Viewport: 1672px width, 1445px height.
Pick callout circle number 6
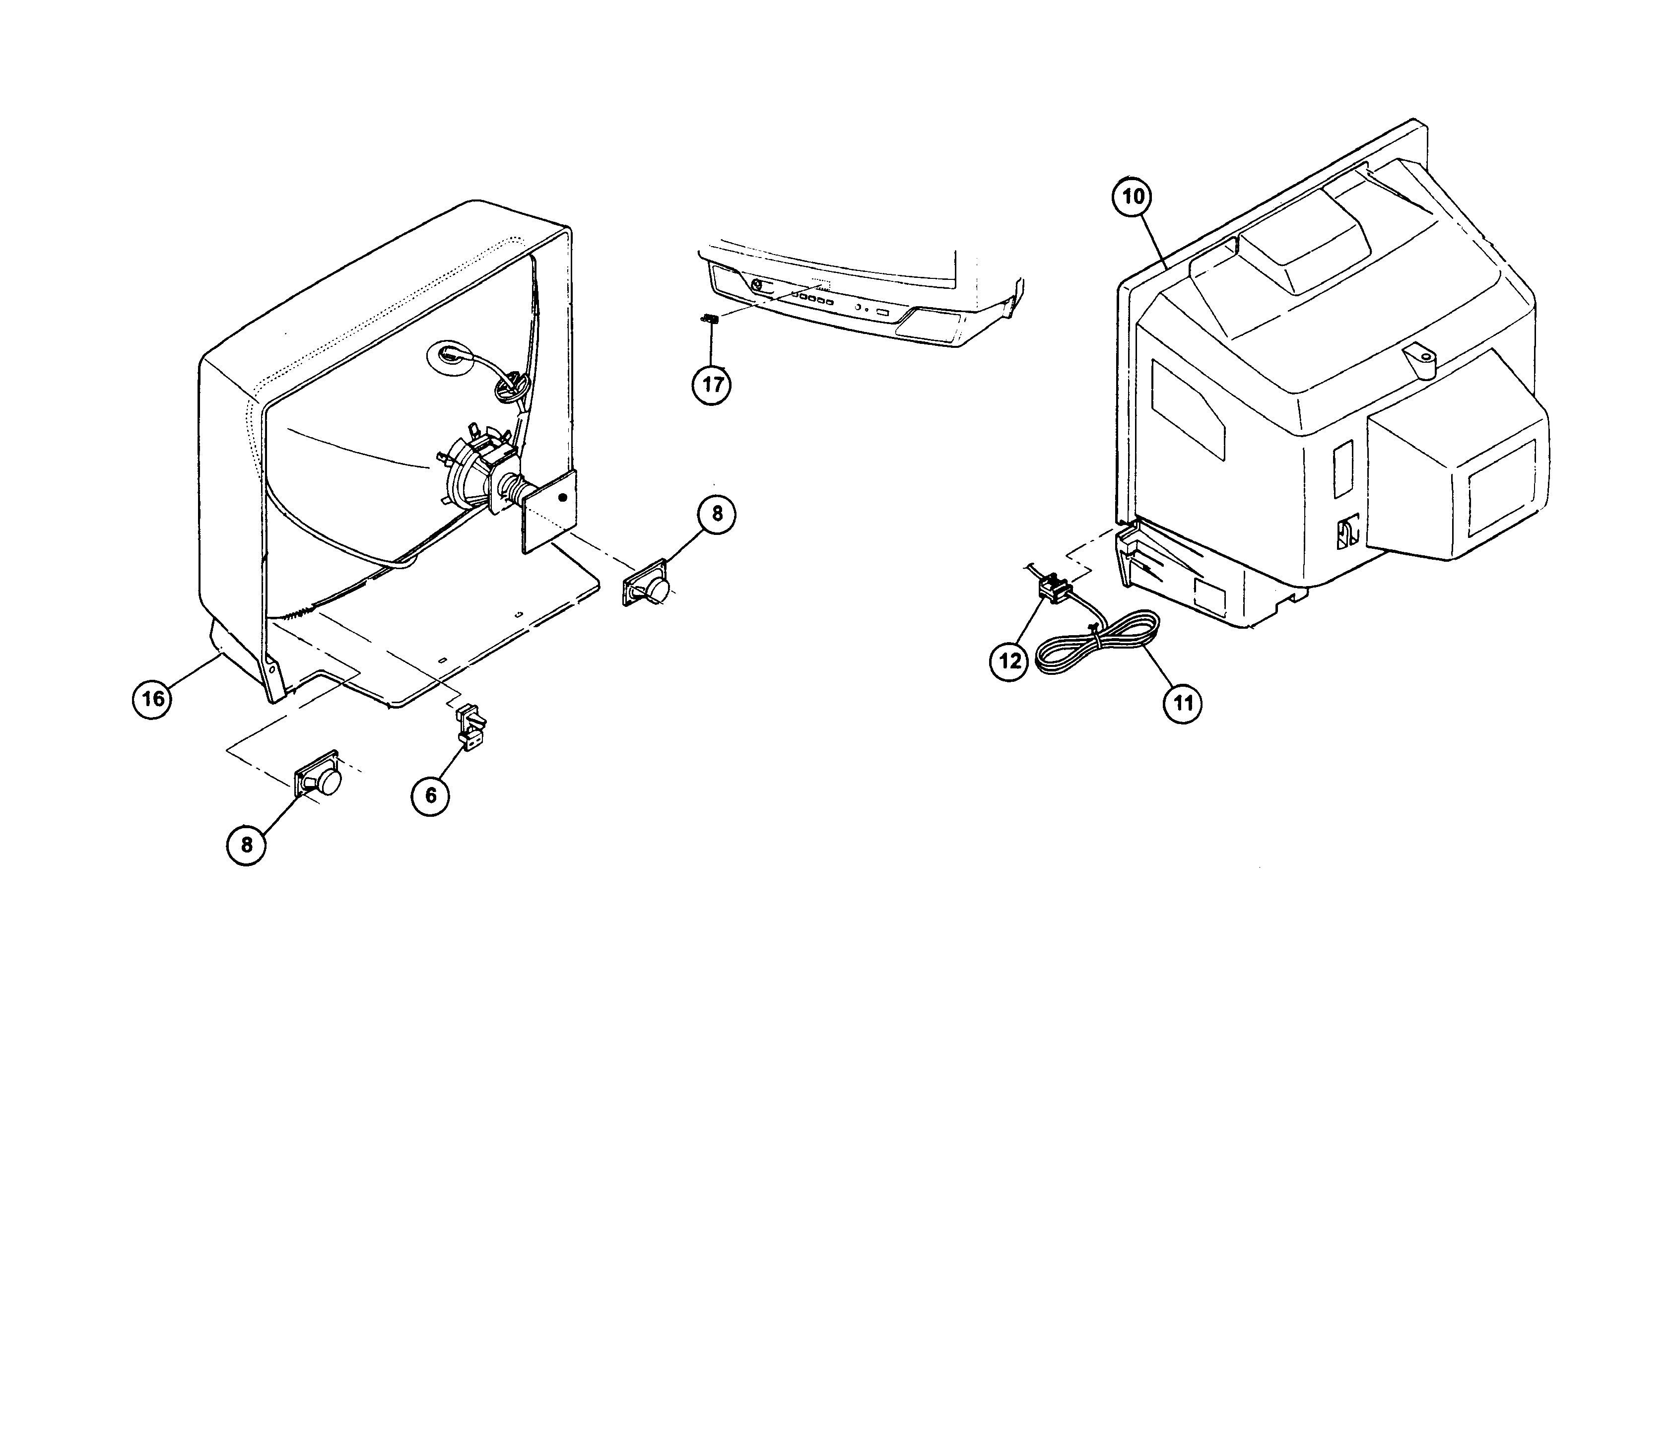(x=430, y=795)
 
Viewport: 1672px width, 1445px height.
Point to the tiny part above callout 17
(x=710, y=319)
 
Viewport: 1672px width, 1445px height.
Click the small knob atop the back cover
(x=1420, y=361)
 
